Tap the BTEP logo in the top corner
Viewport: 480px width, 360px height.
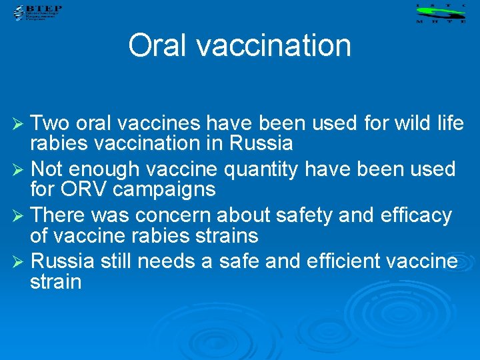(36, 12)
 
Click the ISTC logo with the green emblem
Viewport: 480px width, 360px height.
(440, 13)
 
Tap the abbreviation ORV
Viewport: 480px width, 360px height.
(87, 189)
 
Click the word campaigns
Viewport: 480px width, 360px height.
(164, 189)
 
